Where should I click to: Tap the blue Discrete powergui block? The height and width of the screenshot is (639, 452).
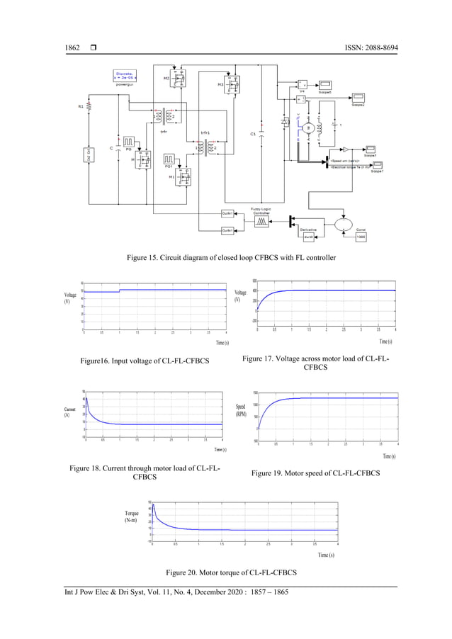125,77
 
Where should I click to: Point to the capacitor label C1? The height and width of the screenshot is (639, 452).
253,134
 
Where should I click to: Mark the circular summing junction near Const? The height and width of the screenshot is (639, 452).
342,222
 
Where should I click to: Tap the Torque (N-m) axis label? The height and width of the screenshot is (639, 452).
131,516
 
